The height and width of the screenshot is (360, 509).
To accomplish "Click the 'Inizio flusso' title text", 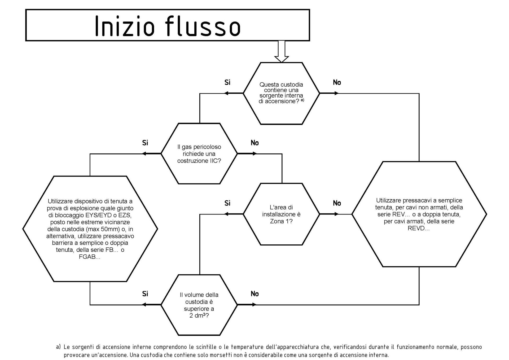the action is tap(168, 26).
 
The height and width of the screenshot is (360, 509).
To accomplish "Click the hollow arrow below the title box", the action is tap(282, 51).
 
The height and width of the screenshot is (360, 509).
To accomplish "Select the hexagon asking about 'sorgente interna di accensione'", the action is tap(282, 93).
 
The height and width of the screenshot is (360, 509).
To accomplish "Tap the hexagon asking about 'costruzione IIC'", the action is tap(199, 153).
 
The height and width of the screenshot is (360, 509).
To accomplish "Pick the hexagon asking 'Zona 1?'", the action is tap(282, 214).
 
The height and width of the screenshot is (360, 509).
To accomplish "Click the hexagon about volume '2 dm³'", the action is tap(199, 305).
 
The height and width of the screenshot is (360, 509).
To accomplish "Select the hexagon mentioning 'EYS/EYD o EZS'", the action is tap(90, 229).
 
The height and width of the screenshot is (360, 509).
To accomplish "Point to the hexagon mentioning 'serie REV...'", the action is tap(419, 214).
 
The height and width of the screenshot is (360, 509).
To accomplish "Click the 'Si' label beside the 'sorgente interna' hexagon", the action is tap(227, 82).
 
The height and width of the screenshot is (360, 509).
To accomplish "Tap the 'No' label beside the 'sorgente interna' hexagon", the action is tap(337, 82).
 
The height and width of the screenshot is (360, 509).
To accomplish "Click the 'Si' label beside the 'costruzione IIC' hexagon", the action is tap(145, 143).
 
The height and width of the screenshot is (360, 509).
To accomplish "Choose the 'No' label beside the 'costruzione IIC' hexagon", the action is tap(254, 143).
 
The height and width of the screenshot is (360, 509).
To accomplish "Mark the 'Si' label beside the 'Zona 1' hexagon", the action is tap(227, 203).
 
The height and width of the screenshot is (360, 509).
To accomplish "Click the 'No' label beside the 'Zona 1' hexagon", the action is tap(337, 203).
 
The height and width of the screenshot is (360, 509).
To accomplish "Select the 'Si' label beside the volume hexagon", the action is tap(145, 294).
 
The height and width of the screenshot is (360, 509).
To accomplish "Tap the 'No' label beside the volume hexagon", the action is tap(254, 294).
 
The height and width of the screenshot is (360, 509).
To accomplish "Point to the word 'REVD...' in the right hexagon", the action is tap(419, 228).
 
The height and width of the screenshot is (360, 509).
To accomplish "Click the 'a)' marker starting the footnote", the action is tap(58, 347).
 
